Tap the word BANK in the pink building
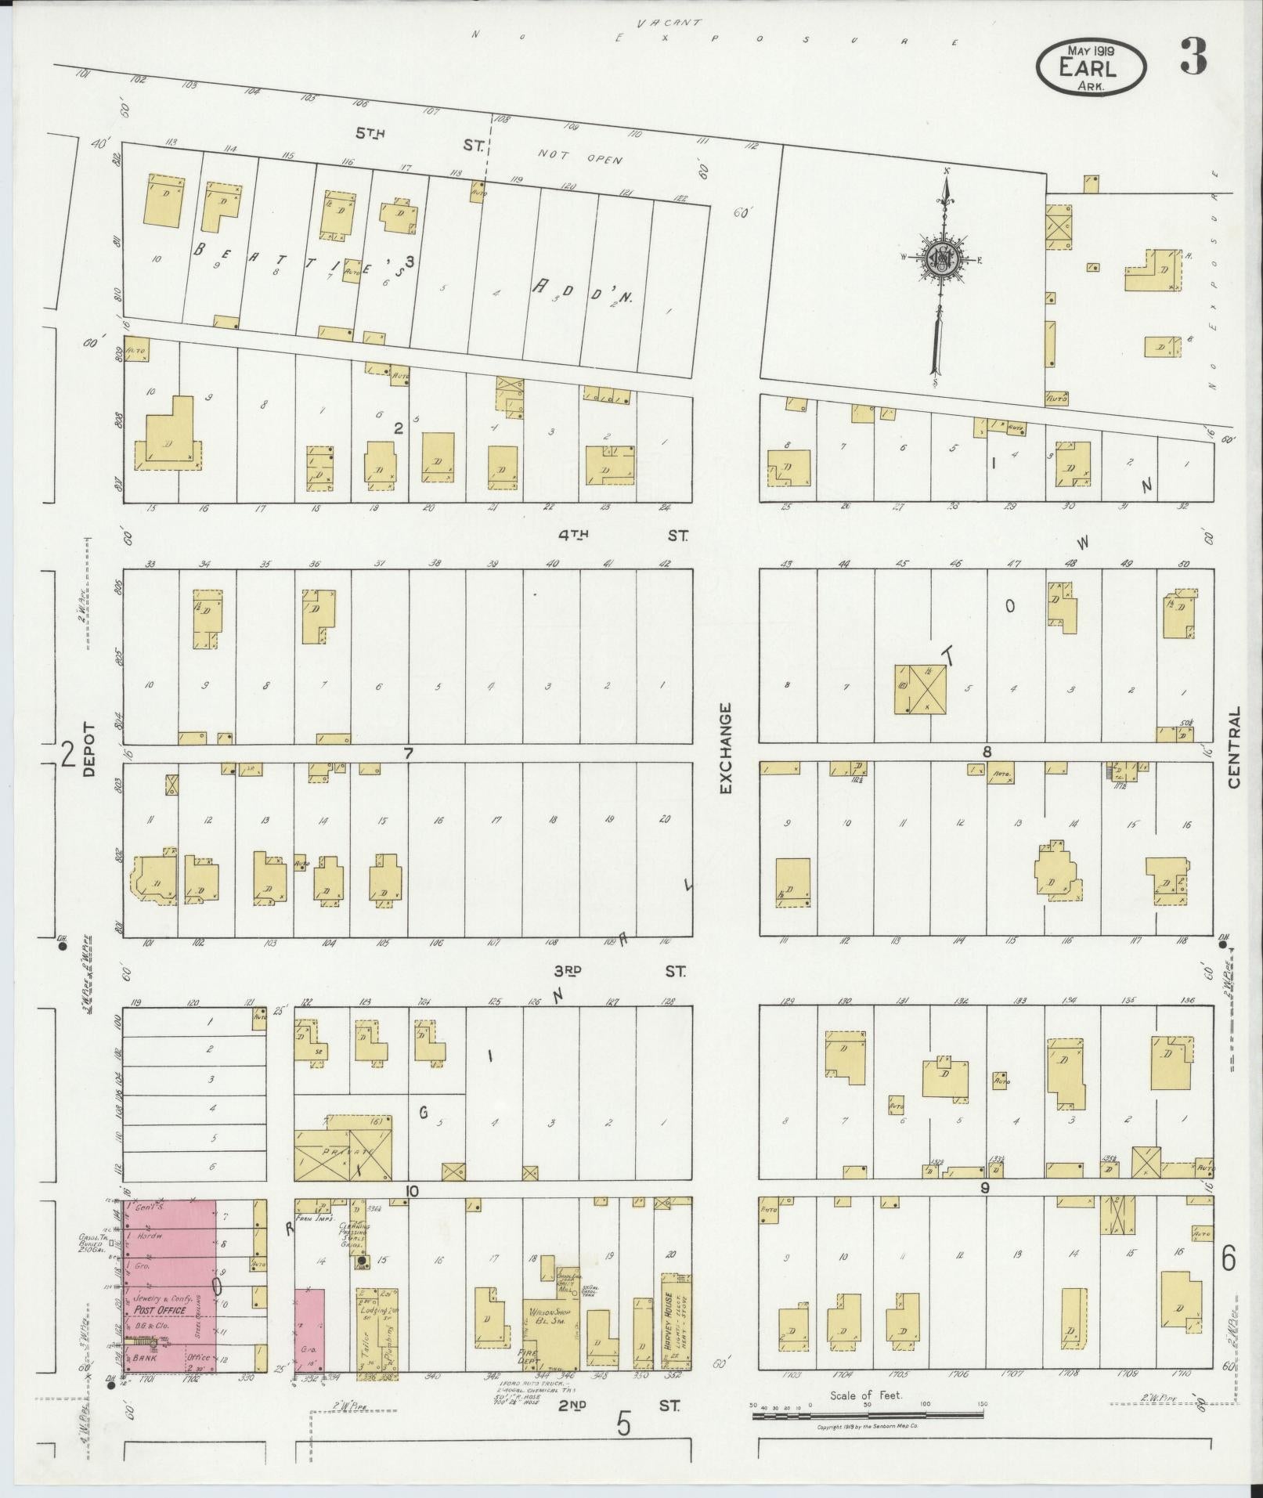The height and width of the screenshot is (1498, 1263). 145,1359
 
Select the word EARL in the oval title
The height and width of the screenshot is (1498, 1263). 1088,68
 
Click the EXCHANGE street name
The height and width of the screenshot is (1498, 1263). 725,749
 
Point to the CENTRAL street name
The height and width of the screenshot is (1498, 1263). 1236,747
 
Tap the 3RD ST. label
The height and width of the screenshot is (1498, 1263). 619,971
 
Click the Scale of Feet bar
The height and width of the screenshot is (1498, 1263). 868,1416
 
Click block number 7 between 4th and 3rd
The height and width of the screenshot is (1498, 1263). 408,753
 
